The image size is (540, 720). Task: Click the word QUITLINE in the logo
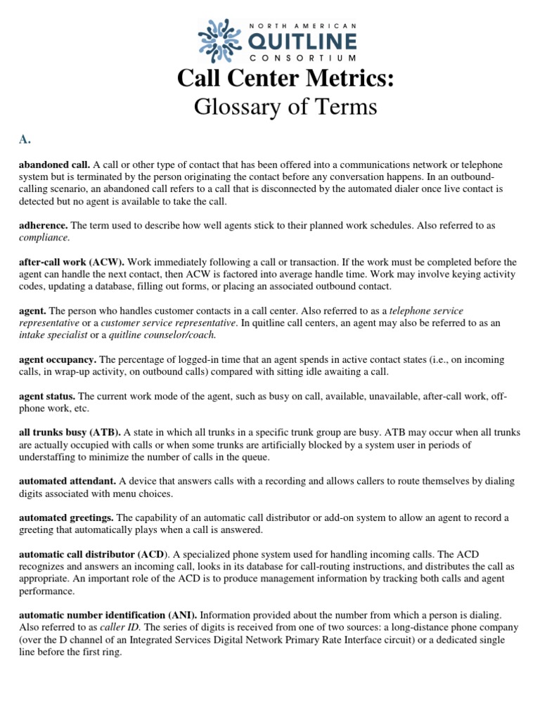coord(296,39)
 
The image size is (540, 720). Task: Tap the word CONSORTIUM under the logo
coord(295,58)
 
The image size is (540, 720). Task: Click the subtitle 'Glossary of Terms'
coord(285,108)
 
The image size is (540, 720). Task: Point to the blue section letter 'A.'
coord(25,139)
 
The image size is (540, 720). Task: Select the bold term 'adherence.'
coord(43,225)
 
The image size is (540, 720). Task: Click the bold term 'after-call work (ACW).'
coord(72,262)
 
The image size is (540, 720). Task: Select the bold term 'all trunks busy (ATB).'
coord(70,433)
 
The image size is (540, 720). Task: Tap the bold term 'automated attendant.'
coord(67,481)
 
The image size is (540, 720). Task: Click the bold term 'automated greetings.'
coord(67,517)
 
